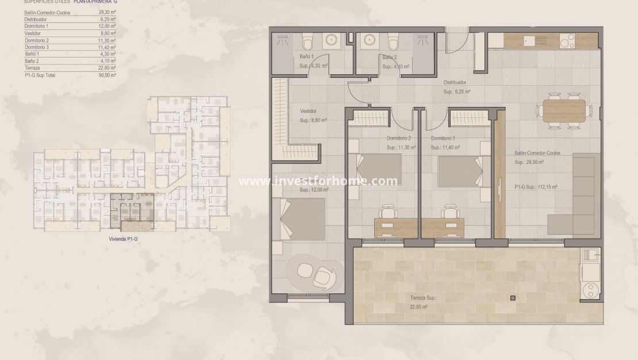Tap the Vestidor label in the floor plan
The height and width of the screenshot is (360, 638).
(309, 111)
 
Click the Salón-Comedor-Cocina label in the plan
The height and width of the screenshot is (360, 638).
(537, 153)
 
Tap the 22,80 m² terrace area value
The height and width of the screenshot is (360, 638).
(419, 307)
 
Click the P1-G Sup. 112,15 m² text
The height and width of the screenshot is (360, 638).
(536, 187)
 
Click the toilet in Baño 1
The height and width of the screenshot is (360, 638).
(306, 42)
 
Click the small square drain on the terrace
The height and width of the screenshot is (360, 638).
(512, 298)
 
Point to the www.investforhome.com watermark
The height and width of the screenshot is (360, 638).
(318, 181)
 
